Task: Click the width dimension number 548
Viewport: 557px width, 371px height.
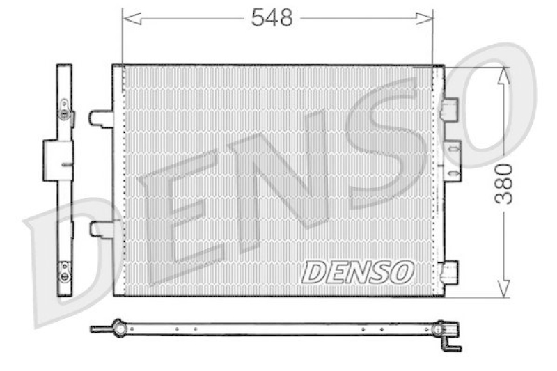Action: pos(272,19)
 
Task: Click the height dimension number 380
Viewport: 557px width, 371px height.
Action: pos(503,183)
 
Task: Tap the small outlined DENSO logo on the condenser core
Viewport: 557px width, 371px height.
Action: pos(357,272)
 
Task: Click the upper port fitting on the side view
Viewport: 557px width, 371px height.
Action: pos(65,111)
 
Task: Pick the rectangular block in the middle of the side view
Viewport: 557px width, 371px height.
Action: pos(58,160)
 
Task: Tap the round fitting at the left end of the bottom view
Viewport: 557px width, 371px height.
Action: pos(118,326)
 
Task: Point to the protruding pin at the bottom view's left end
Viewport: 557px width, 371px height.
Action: pos(97,329)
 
